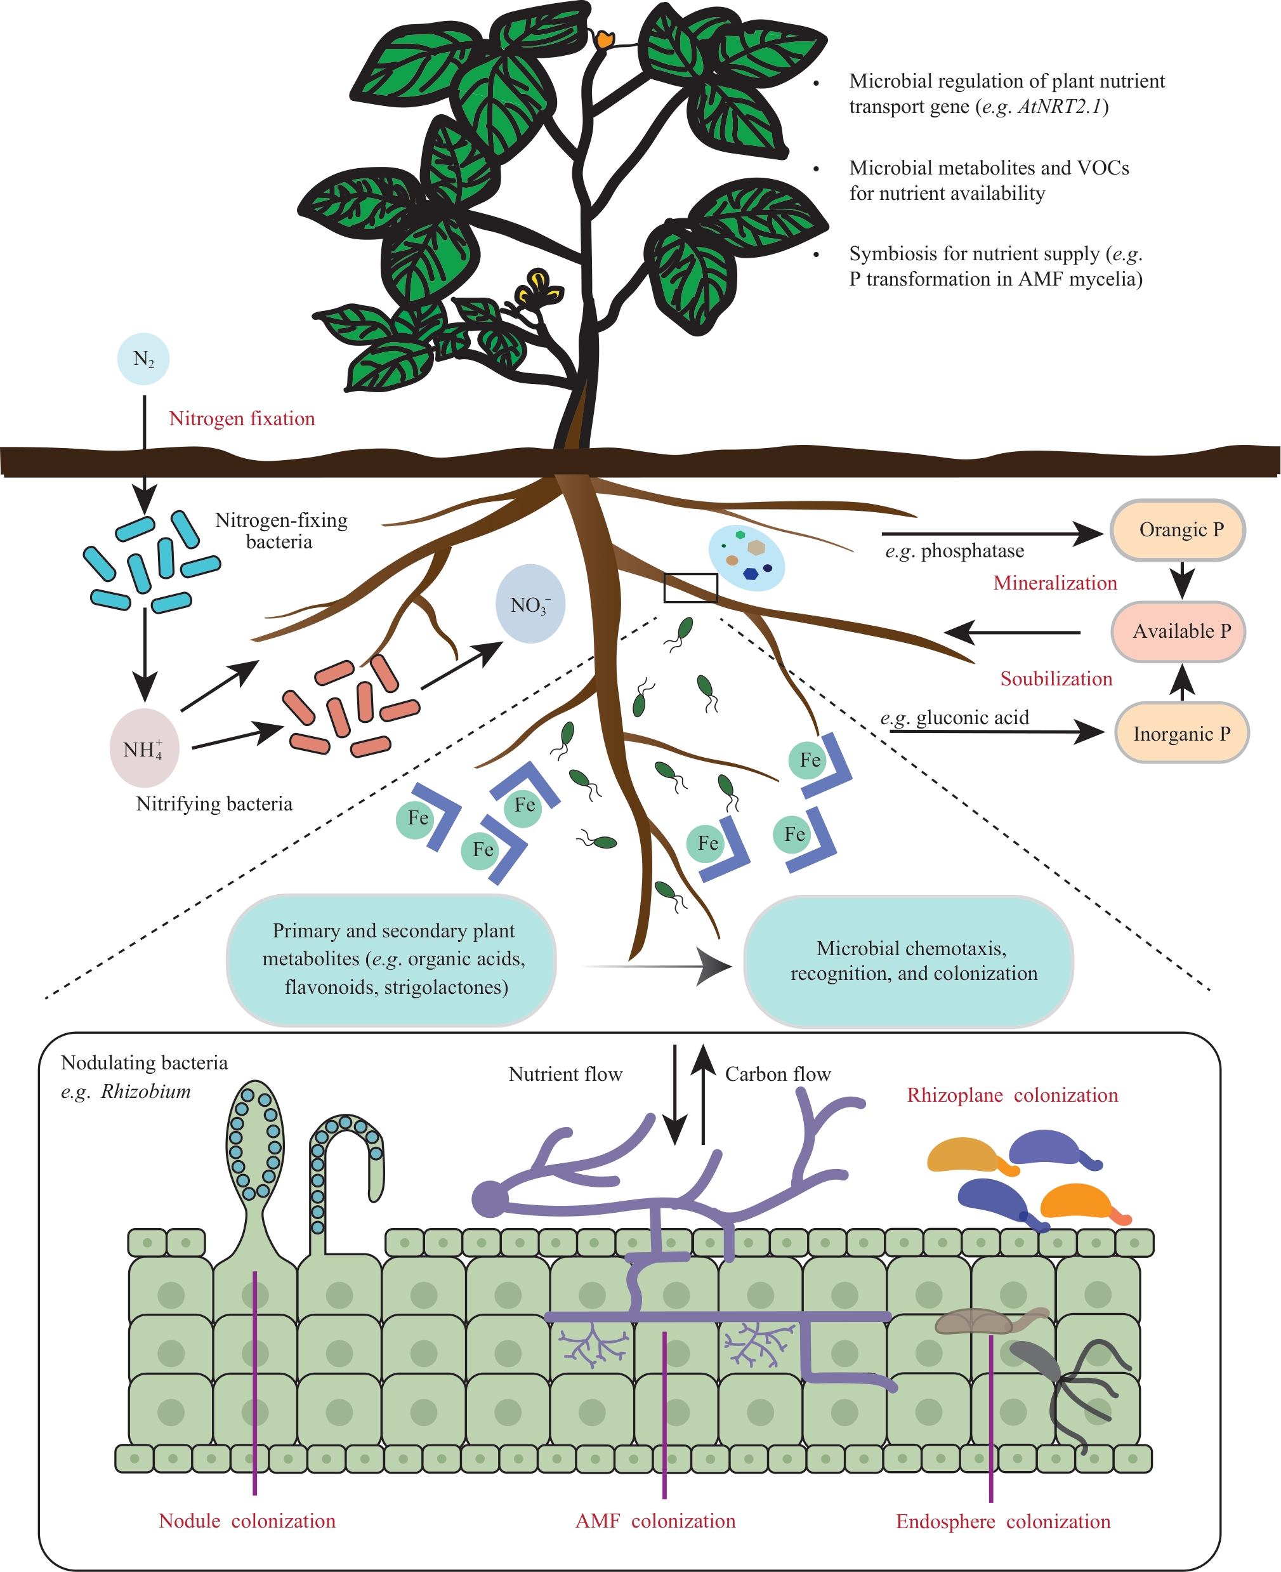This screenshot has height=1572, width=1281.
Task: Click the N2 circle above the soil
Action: tap(143, 359)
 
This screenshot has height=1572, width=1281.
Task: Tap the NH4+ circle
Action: tap(144, 748)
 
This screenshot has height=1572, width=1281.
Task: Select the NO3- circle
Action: tap(530, 604)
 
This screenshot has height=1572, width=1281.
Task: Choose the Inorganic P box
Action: tap(1181, 733)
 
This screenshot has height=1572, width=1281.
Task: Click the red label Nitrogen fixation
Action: tap(241, 418)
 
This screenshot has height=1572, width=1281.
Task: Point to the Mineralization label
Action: tap(1054, 583)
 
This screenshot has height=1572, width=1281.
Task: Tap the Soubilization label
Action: tap(1056, 678)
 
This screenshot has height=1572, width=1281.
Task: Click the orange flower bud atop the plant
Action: tap(605, 39)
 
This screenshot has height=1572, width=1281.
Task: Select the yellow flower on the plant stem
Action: tap(537, 288)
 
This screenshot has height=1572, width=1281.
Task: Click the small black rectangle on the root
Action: tap(691, 588)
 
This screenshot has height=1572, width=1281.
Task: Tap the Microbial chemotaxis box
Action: tap(909, 961)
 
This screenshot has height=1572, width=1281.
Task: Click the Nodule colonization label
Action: tap(247, 1521)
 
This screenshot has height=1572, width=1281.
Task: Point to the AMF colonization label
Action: tap(655, 1521)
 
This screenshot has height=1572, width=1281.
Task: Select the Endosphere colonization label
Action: tap(1003, 1521)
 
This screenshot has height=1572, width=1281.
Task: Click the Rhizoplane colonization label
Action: tap(1013, 1095)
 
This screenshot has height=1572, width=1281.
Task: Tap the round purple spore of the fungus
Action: tap(489, 1199)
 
